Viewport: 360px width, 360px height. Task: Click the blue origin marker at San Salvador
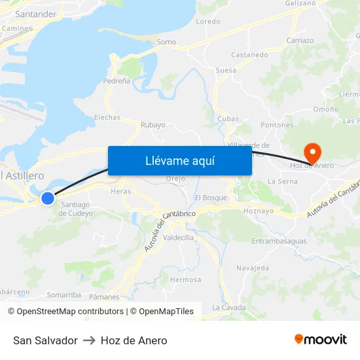click(x=48, y=198)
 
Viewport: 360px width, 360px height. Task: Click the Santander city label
click(x=35, y=14)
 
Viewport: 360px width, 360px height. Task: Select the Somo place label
click(x=166, y=42)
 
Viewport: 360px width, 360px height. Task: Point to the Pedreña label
click(x=117, y=81)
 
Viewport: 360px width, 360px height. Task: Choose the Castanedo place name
click(x=249, y=55)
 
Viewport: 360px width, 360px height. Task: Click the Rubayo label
click(x=153, y=124)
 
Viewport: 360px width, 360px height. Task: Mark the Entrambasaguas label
click(x=279, y=241)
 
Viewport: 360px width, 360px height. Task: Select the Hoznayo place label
click(x=257, y=211)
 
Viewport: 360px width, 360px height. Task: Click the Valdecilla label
click(x=179, y=238)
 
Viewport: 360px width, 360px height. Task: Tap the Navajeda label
click(x=253, y=268)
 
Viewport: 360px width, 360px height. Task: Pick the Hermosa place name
click(x=186, y=279)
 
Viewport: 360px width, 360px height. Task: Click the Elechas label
click(x=107, y=118)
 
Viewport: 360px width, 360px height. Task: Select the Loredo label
click(x=208, y=22)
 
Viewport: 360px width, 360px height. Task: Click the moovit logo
click(x=320, y=339)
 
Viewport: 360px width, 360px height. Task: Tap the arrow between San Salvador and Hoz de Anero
click(x=89, y=340)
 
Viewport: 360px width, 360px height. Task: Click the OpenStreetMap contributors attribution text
click(x=70, y=312)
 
